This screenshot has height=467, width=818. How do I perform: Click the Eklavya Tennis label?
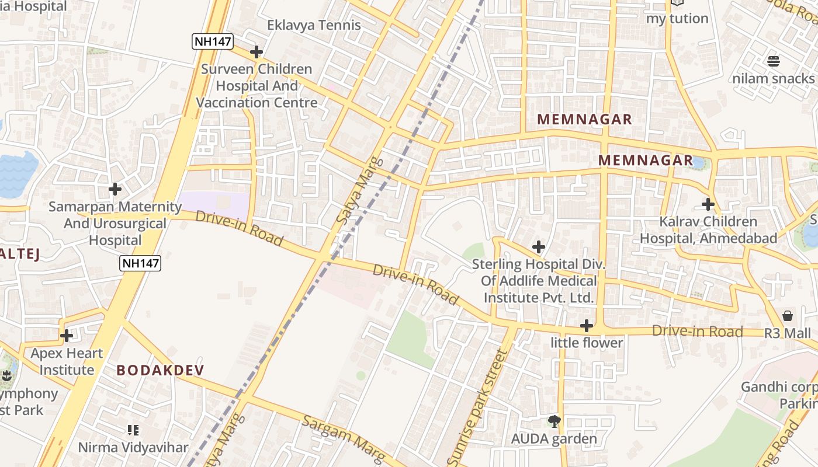tap(314, 25)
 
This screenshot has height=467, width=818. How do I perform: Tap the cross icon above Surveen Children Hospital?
tap(256, 52)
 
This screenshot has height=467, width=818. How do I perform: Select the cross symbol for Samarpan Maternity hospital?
tap(115, 189)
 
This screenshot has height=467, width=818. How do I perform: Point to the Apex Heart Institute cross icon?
tap(67, 336)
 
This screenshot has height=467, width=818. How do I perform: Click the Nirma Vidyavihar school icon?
tap(133, 430)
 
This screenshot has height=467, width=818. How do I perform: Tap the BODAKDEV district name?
tap(160, 370)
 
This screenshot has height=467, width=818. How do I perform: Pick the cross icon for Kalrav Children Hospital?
tap(708, 204)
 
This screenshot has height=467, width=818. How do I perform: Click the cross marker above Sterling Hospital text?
tap(538, 247)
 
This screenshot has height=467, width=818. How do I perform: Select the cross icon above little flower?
tap(587, 326)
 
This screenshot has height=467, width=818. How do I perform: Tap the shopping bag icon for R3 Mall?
tap(788, 316)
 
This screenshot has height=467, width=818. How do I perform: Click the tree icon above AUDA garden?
tap(554, 421)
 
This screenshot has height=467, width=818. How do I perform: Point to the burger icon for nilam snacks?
tap(774, 61)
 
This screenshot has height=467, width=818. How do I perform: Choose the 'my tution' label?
tap(677, 18)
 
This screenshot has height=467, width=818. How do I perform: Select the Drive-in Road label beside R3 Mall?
tap(697, 332)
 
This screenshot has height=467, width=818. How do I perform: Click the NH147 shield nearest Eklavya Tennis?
tap(213, 41)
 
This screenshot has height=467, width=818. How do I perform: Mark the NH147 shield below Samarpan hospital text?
tap(140, 263)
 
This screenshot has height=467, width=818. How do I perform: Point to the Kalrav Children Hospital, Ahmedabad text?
tap(708, 230)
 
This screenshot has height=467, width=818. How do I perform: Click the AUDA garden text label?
tap(554, 438)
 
